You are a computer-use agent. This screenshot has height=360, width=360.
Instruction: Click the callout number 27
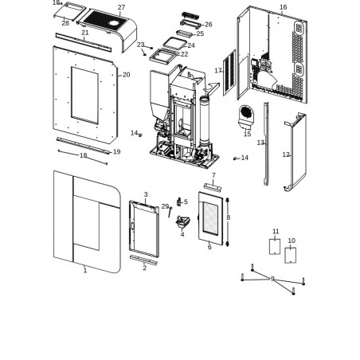pos(121,7)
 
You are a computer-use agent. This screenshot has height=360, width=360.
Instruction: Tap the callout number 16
pos(284,7)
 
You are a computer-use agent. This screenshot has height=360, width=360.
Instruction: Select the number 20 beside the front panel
pos(127,75)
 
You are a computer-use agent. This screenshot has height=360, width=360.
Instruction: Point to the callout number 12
pos(286,155)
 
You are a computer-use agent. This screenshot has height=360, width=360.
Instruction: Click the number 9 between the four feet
pos(272,279)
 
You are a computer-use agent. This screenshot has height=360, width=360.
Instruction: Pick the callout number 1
pos(85,271)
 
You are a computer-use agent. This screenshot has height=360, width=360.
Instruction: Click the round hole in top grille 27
pos(114,23)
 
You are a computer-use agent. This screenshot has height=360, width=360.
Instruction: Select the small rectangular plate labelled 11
pos(275,247)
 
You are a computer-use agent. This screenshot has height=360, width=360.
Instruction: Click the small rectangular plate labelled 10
pos(291,255)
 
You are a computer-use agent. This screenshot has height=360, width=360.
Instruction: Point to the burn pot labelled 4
pos(183,221)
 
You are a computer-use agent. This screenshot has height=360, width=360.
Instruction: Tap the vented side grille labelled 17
pos(229,72)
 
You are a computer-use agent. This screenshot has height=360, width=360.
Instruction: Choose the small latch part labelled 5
pos(179,202)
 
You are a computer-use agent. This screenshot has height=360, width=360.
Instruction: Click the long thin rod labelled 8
pos(228,222)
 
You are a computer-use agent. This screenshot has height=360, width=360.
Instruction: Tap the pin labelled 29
pos(170,212)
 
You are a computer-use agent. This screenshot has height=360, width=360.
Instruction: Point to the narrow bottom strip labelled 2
pos(143,260)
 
